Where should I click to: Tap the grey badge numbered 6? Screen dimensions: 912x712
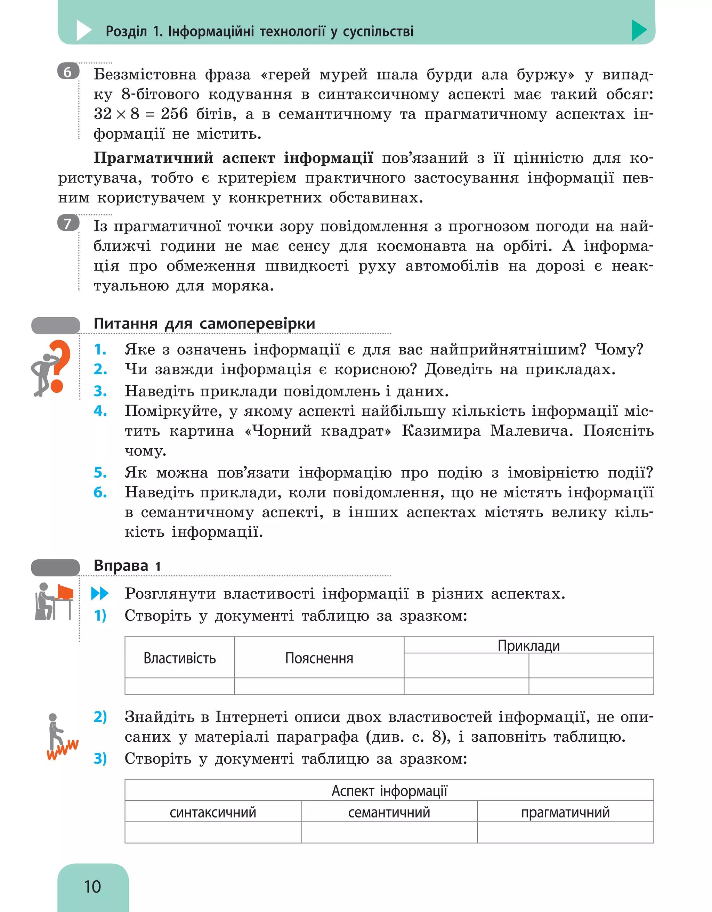coord(68,72)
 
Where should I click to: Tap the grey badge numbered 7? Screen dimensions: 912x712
coord(68,223)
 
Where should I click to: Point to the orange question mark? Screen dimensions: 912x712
coord(58,366)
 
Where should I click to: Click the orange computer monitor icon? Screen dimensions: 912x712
coord(65,592)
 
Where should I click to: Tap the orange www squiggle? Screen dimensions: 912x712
coord(63,749)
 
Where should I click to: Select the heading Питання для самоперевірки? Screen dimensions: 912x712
coord(204,323)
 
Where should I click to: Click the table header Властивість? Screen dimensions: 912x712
coord(180,658)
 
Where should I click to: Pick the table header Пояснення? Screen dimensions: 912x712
coord(319,658)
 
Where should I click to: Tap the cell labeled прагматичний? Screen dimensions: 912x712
coord(565,812)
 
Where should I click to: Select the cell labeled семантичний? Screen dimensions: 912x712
coord(389,812)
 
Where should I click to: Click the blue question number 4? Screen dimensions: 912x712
coord(100,411)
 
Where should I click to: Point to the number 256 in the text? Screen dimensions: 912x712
coord(174,114)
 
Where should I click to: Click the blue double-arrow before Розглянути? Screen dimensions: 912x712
coord(100,593)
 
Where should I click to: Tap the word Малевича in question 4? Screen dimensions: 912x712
coord(531,431)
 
